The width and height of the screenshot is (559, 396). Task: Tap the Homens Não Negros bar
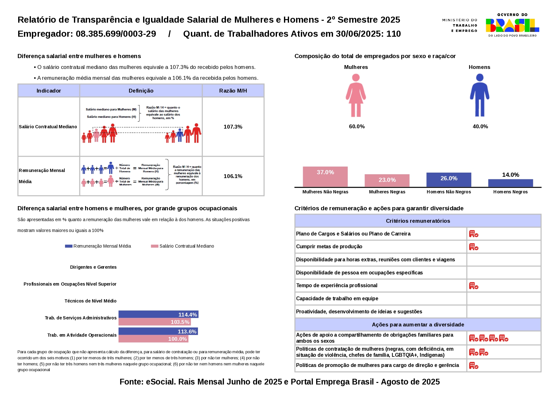point(449,180)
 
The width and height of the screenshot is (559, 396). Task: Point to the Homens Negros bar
point(510,183)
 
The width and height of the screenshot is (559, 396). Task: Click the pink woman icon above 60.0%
point(356,95)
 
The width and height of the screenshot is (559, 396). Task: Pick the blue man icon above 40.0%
point(479,95)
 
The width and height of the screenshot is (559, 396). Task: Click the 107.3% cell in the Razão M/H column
point(233,127)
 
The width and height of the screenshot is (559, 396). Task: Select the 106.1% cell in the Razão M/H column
point(233,176)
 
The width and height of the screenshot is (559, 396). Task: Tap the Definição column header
point(141,91)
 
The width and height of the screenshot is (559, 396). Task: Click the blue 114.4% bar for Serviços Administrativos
point(158,314)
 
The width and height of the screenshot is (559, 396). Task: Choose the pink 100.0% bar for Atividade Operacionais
point(153,339)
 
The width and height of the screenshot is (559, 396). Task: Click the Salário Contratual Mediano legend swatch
point(155,246)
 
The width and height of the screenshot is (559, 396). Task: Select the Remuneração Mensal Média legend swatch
point(69,246)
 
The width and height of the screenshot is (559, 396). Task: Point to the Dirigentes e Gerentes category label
point(93,267)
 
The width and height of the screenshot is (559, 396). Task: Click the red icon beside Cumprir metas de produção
point(474,247)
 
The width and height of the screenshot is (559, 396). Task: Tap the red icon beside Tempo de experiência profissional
point(474,286)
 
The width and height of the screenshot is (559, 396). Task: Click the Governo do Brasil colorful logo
point(512,25)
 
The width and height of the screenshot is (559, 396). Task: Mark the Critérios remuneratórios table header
point(418,221)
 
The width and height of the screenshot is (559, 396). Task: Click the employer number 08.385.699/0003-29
point(116,34)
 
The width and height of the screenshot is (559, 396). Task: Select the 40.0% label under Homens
point(480,126)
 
